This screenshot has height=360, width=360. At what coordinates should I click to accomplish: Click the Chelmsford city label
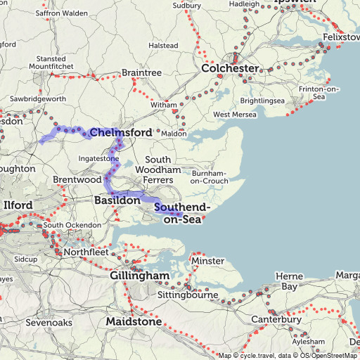coord(120,132)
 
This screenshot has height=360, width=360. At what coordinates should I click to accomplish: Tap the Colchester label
coord(230,69)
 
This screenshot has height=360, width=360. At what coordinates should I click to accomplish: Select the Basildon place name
coord(117,200)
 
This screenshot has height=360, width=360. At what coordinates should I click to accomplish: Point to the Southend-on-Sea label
coord(182,214)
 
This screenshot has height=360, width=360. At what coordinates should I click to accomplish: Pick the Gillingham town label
coord(139,275)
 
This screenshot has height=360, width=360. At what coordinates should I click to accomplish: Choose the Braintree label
coord(141,72)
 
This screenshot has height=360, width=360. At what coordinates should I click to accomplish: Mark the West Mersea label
coord(231,115)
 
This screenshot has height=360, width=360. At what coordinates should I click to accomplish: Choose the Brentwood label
coord(77,180)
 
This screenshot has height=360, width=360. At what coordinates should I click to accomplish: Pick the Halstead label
coord(163,46)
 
